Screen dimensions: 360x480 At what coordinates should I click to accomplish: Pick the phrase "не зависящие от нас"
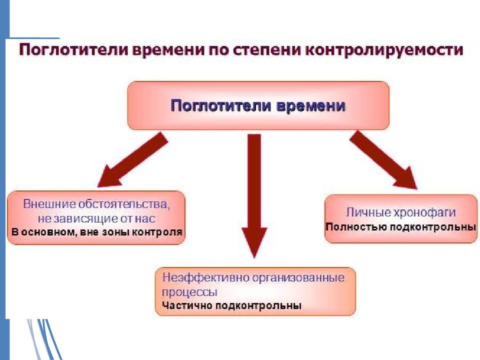point(96,218)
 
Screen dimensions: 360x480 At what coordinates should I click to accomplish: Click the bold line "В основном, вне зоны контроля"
point(96,232)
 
